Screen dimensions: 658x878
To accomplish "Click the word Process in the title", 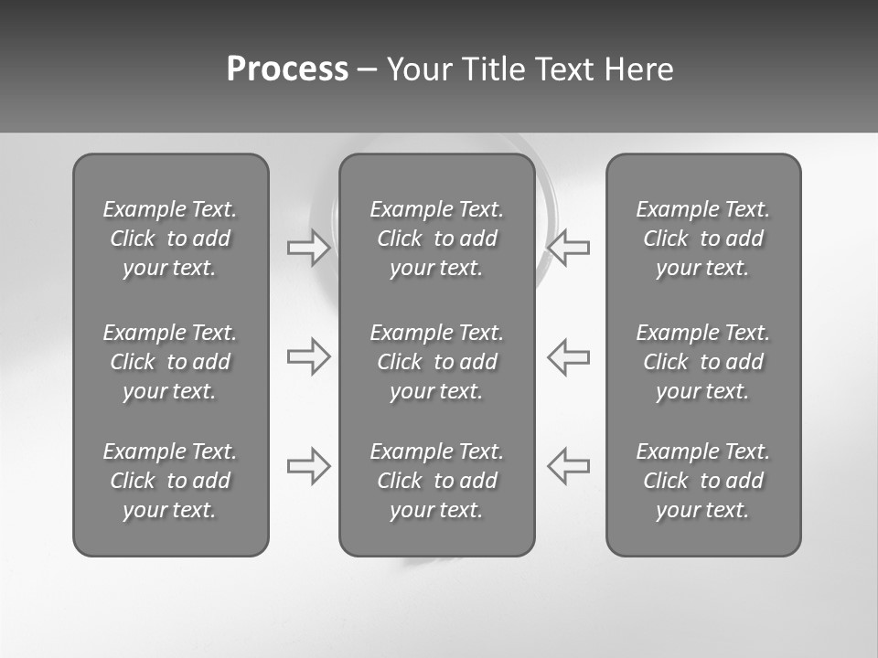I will (287, 69).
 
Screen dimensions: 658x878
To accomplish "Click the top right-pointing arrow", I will (308, 247).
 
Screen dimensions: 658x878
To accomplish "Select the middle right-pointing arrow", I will (308, 356).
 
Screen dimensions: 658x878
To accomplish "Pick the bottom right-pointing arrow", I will (308, 466).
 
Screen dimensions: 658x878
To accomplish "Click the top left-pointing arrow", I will (568, 247).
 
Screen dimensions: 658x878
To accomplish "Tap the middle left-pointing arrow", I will (568, 356).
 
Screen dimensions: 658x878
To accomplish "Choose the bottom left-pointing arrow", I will (568, 466).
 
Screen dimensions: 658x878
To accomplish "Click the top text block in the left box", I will (170, 239).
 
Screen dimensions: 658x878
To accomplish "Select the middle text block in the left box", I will (170, 362).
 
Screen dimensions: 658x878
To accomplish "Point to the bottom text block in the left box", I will (170, 481).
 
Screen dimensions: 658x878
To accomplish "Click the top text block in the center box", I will (436, 239).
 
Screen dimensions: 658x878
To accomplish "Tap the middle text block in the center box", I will (436, 362).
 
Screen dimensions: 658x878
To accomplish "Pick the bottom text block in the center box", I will (436, 481).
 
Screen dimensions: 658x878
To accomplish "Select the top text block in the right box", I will (702, 239).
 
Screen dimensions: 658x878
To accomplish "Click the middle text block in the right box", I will (702, 362).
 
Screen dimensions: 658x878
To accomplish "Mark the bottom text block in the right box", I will (702, 481).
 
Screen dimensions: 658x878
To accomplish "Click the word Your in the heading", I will (418, 69).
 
